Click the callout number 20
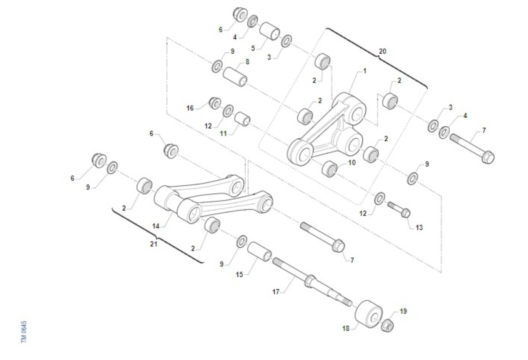[382, 51]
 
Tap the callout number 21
[154, 244]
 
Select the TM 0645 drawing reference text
[24, 332]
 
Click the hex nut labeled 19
[387, 326]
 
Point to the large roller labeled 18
[368, 313]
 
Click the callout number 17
[276, 292]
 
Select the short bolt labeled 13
[399, 209]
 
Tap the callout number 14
[156, 226]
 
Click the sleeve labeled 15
[259, 251]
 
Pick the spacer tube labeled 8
[235, 77]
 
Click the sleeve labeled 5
[270, 31]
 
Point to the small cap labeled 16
[215, 103]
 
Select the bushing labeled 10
[330, 169]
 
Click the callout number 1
[364, 70]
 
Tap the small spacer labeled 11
[242, 119]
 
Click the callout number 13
[419, 228]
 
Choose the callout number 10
[352, 162]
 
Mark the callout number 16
[190, 108]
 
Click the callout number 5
[253, 48]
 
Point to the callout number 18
[346, 328]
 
